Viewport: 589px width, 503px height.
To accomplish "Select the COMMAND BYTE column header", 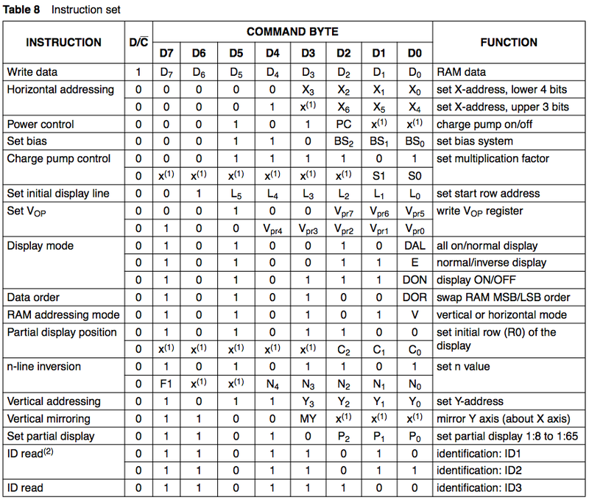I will (292, 32).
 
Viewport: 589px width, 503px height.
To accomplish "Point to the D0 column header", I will (415, 54).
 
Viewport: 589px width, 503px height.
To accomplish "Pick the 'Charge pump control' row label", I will (58, 158).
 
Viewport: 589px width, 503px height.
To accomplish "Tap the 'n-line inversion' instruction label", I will (43, 366).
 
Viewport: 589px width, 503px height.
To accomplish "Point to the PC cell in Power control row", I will (344, 124).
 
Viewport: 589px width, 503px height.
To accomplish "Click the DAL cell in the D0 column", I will (415, 245).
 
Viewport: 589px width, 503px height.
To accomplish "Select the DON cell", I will (415, 280).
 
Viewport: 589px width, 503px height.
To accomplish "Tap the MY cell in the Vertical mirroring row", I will (308, 418).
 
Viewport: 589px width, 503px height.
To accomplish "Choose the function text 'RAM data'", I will (461, 72).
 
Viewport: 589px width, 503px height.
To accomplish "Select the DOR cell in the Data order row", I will (415, 297).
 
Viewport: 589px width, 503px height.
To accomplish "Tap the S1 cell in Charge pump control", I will (378, 176).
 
